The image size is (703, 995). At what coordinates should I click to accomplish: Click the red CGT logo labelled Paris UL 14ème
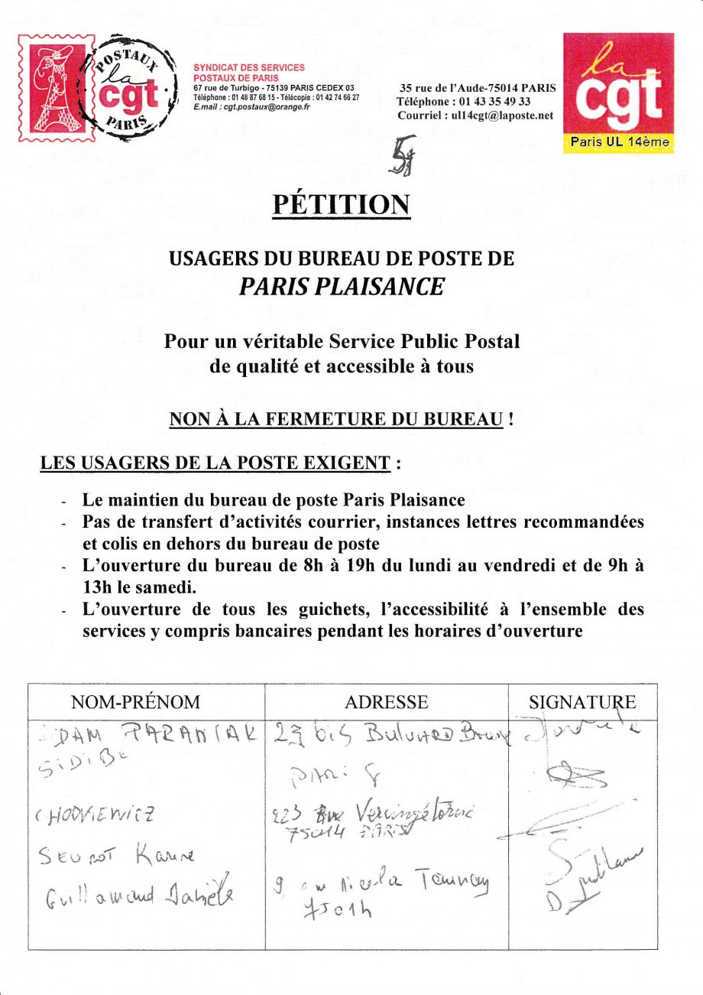pos(618,93)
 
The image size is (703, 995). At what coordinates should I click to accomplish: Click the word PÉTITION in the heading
pos(341,204)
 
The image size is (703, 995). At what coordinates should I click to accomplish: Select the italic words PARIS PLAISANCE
pos(341,286)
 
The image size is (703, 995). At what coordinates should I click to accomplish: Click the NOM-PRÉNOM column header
pos(135,702)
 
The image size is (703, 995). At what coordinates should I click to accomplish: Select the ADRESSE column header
pos(387,702)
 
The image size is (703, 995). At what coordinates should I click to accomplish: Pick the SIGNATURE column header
pos(582,702)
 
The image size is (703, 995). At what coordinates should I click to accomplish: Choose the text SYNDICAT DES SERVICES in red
pos(248,68)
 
